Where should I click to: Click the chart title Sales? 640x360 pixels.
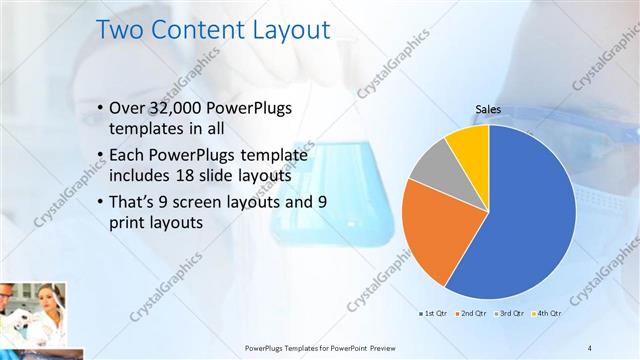pyautogui.click(x=488, y=110)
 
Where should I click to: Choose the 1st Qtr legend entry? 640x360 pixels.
pyautogui.click(x=434, y=313)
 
